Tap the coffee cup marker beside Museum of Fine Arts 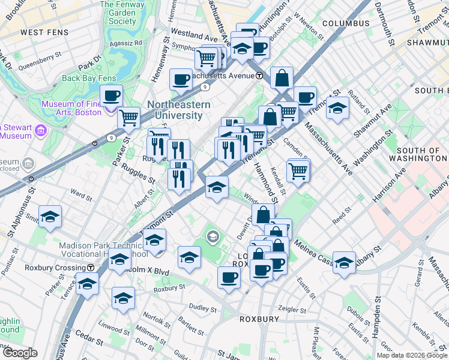click(111, 95)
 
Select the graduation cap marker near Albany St click(344, 262)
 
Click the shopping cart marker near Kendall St click(298, 170)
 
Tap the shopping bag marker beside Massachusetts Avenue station click(282, 77)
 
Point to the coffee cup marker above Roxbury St click(229, 277)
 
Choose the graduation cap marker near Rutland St click(338, 108)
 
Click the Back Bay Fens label click(87, 78)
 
